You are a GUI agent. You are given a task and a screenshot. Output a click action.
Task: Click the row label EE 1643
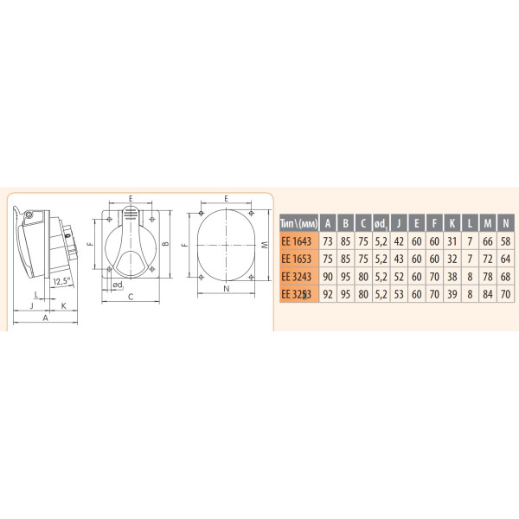[300, 240]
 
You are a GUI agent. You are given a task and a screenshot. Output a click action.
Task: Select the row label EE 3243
[300, 277]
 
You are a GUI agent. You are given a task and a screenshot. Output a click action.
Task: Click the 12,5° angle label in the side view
[60, 281]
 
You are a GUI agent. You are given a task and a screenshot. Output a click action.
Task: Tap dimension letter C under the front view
[129, 298]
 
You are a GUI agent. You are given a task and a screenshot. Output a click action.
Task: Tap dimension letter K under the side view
[63, 305]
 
